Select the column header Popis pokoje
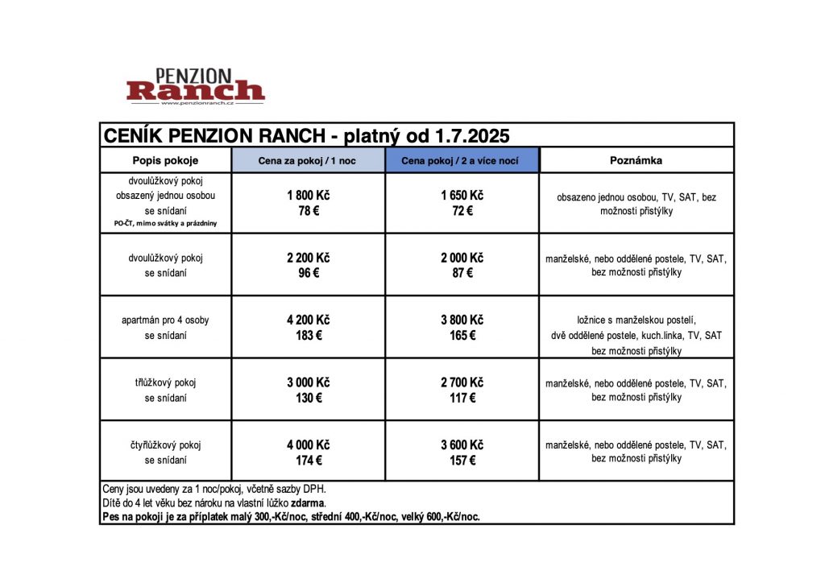(165, 160)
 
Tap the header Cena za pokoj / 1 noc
(307, 161)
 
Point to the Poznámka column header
(636, 160)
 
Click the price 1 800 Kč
(308, 196)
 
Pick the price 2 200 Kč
(308, 258)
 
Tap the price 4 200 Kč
(308, 320)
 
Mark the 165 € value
(462, 335)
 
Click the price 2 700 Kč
(462, 382)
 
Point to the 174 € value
(308, 461)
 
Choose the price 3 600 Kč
(462, 444)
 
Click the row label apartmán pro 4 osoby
(165, 320)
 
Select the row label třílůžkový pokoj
(165, 382)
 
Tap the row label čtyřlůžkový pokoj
(165, 444)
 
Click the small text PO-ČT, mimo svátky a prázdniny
(165, 224)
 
